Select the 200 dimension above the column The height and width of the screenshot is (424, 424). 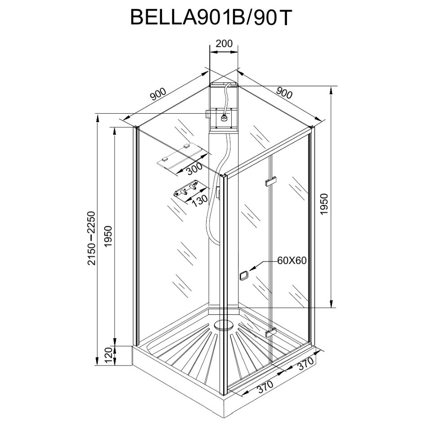coord(224,44)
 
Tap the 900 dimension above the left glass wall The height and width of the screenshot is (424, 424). coord(158,95)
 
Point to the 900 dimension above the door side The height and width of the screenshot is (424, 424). coord(284,93)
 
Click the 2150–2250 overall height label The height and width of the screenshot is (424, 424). coord(92,238)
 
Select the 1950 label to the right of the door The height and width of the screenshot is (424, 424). coord(325,204)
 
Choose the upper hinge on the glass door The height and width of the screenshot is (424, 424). coord(271,181)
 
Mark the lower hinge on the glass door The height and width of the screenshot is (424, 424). coord(270,333)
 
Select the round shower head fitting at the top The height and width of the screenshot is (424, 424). coord(223,119)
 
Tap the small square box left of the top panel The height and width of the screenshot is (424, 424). coord(208,114)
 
